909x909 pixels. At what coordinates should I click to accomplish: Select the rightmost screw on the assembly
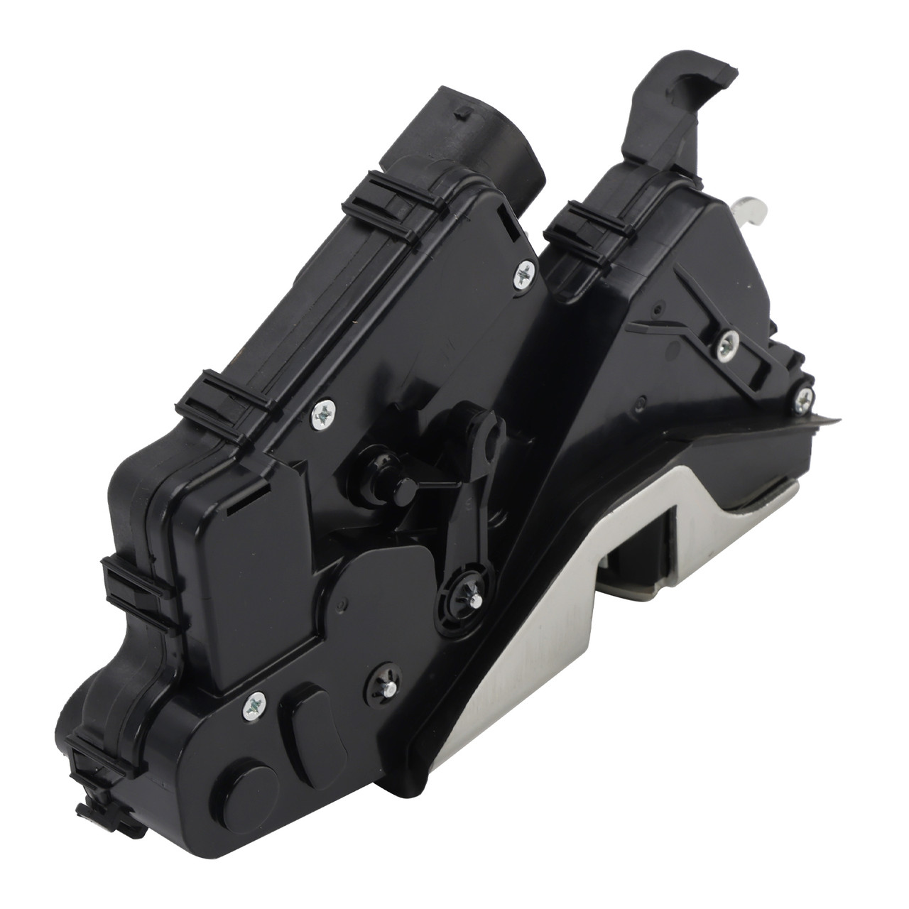[x=802, y=398]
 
